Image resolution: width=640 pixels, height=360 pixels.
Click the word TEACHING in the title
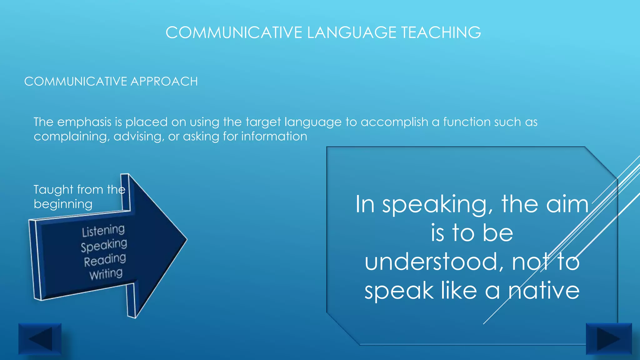[441, 32]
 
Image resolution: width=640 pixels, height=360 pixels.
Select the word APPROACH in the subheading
[164, 82]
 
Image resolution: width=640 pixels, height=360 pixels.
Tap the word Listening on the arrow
[103, 231]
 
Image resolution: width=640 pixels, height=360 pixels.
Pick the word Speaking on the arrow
[104, 245]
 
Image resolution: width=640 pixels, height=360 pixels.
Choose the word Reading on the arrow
[105, 260]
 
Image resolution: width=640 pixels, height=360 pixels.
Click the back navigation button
[40, 339]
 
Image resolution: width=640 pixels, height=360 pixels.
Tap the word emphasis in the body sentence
[84, 122]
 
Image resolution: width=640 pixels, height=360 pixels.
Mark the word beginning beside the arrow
[63, 204]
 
